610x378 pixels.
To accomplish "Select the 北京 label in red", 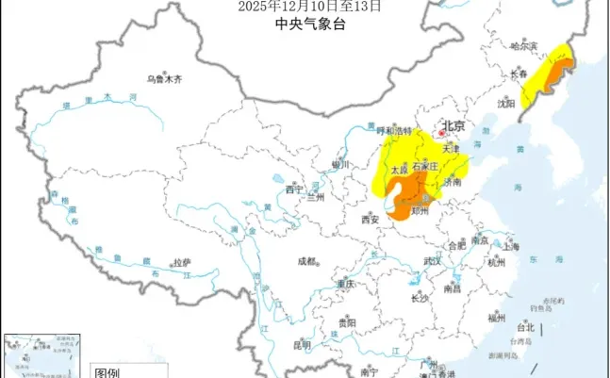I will tap(454, 125).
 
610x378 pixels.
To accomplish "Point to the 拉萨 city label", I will tap(181, 261).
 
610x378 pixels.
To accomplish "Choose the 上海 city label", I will tap(512, 247).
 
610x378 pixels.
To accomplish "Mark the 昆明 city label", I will tap(302, 345).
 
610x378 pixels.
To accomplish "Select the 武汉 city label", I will tap(433, 261).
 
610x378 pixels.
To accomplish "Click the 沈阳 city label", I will tap(507, 103).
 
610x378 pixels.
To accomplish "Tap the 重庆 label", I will tap(344, 284).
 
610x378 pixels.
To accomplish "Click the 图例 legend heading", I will tap(107, 372).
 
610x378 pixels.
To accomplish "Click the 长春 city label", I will tap(519, 74).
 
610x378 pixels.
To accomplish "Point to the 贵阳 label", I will tap(347, 322).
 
